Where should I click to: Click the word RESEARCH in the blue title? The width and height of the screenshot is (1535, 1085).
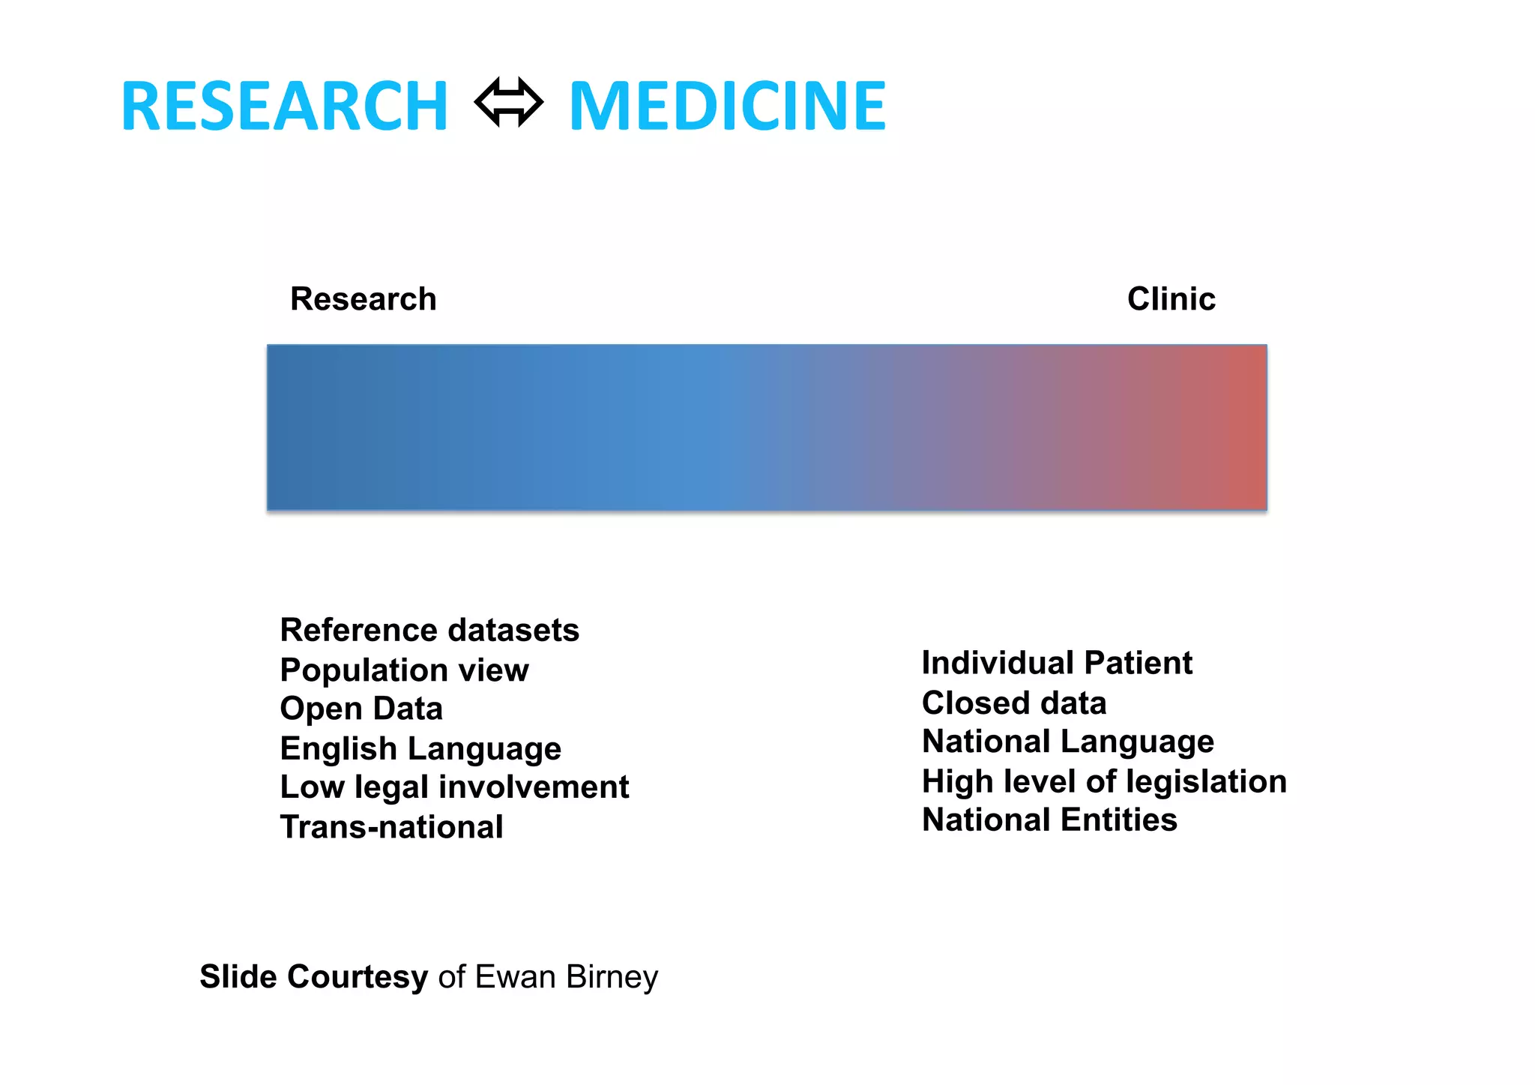pyautogui.click(x=284, y=106)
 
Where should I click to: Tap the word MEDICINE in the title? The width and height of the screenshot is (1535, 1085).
pyautogui.click(x=727, y=106)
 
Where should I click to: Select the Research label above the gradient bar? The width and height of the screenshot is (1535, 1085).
pyautogui.click(x=363, y=298)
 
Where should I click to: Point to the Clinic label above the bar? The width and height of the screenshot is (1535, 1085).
pyautogui.click(x=1171, y=298)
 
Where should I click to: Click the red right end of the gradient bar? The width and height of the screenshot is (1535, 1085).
pyautogui.click(x=1248, y=427)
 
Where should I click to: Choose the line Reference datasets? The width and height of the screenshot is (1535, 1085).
pyautogui.click(x=429, y=630)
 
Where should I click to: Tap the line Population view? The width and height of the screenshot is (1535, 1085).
pyautogui.click(x=404, y=670)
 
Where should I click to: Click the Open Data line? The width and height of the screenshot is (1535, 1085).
pyautogui.click(x=361, y=709)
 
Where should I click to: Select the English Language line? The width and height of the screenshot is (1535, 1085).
pyautogui.click(x=420, y=748)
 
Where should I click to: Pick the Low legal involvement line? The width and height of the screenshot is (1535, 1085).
pyautogui.click(x=454, y=787)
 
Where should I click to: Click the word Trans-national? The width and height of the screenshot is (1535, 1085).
pyautogui.click(x=391, y=827)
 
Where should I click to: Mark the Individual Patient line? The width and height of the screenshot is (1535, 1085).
pyautogui.click(x=1057, y=663)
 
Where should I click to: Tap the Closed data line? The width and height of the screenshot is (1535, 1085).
pyautogui.click(x=1014, y=703)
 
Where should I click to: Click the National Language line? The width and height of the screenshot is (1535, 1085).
pyautogui.click(x=1068, y=742)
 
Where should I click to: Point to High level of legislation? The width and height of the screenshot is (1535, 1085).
pyautogui.click(x=1104, y=781)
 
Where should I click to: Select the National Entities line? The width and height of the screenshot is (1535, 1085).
pyautogui.click(x=1049, y=820)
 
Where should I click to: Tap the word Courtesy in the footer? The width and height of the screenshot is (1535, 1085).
pyautogui.click(x=357, y=977)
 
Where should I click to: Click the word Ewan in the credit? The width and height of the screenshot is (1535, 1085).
pyautogui.click(x=515, y=977)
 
